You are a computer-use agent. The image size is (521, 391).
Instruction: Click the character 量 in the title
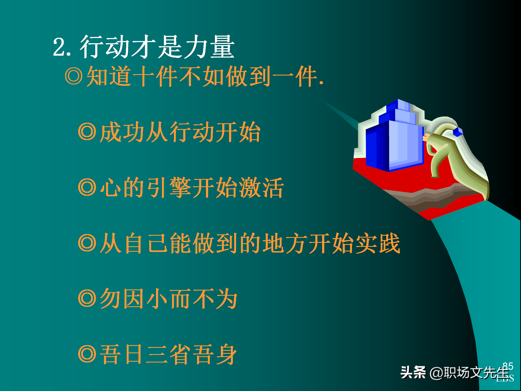(x=223, y=47)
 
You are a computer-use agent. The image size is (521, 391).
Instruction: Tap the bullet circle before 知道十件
(x=74, y=76)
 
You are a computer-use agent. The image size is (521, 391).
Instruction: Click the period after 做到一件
(x=321, y=83)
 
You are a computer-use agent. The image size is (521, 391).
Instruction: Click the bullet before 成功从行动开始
(x=87, y=132)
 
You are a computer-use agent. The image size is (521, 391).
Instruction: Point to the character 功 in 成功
(x=133, y=132)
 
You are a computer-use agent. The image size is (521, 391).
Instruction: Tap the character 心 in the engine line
(x=110, y=187)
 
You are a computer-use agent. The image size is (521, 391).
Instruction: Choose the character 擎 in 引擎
(x=180, y=187)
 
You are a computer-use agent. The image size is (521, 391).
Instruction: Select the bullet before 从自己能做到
(x=87, y=243)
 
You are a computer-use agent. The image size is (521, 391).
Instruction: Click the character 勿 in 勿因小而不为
(x=110, y=299)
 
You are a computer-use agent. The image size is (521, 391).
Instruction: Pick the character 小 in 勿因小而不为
(x=157, y=299)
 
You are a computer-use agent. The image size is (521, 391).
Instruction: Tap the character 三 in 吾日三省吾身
(x=157, y=354)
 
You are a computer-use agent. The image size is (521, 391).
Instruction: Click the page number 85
(x=508, y=366)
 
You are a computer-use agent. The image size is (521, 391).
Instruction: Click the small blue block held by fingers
(x=458, y=132)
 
